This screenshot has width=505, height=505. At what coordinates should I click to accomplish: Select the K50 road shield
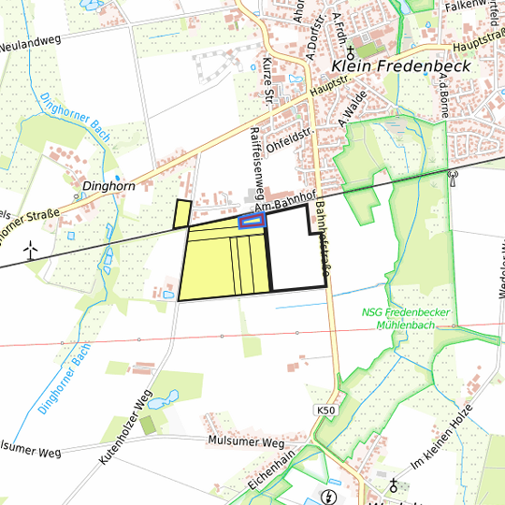325,411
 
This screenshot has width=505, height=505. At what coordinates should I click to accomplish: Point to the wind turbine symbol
30,250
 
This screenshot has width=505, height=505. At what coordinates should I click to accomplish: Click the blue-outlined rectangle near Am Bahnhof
252,222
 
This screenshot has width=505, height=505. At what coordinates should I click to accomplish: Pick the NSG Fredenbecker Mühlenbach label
406,317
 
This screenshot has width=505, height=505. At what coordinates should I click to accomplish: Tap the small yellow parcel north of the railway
181,214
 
